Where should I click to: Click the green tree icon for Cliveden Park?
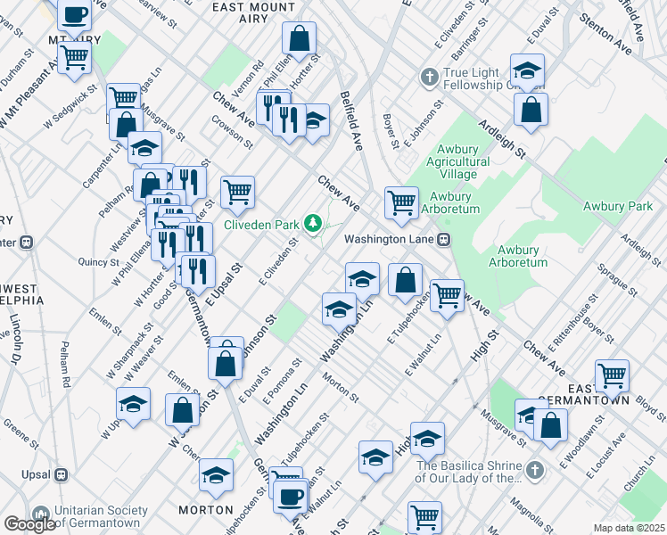click(x=313, y=223)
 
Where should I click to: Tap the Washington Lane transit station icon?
click(x=443, y=239)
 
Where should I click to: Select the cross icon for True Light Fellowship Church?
click(x=430, y=76)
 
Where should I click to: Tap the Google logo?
click(x=29, y=524)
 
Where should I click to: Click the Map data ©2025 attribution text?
click(x=629, y=528)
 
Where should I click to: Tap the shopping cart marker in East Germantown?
click(x=612, y=375)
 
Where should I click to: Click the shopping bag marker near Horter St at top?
click(x=299, y=37)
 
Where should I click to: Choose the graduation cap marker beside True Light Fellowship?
click(x=528, y=70)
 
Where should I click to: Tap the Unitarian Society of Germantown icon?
click(x=40, y=515)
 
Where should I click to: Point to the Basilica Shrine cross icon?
click(x=533, y=470)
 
